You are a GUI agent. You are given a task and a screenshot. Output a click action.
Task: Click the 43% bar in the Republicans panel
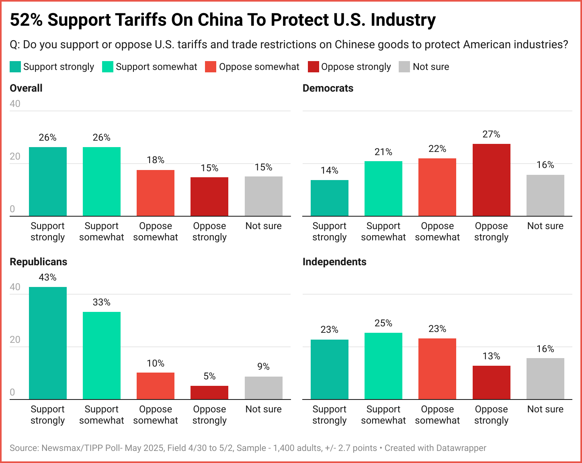pos(48,343)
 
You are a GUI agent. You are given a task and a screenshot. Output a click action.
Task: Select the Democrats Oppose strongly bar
pos(491,180)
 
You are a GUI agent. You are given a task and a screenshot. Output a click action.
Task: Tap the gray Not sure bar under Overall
pos(263,196)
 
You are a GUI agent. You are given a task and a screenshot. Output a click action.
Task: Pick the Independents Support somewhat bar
pos(383,366)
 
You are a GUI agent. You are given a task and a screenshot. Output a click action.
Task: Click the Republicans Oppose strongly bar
pos(209,392)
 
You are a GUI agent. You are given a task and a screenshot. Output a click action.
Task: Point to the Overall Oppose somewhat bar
pos(156,193)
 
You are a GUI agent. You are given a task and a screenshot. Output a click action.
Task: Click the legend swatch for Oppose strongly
pos(314,67)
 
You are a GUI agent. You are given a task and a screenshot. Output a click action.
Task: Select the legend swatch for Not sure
pos(404,67)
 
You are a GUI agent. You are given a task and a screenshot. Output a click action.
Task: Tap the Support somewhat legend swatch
pos(108,67)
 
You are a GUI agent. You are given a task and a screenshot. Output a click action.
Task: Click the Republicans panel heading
pos(39,262)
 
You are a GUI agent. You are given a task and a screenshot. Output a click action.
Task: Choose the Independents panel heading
pos(334,262)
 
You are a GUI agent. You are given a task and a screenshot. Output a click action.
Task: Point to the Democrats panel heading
pos(328,88)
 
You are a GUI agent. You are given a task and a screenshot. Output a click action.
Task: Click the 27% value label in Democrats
pos(491,134)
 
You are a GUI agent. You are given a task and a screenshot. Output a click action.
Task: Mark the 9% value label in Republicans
pos(263,367)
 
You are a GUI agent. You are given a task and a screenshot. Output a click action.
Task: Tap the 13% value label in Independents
pos(491,356)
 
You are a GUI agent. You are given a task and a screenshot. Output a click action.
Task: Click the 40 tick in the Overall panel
pos(15,104)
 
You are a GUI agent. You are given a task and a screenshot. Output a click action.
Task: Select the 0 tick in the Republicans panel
pos(12,392)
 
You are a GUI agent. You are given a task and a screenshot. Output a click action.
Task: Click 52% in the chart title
pos(26,20)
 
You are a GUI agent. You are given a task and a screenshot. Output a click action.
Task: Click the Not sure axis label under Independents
pos(545,409)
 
